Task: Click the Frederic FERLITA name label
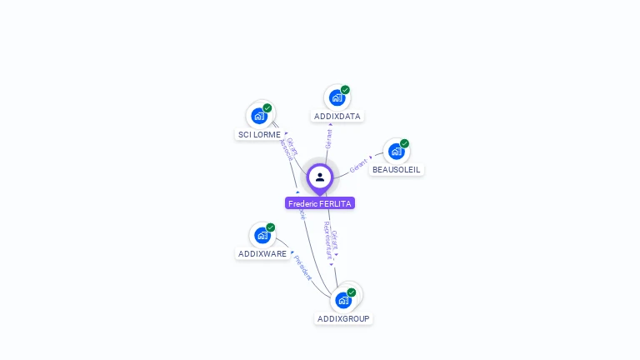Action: pos(320,203)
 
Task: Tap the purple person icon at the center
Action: pos(320,177)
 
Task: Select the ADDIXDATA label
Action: pos(337,117)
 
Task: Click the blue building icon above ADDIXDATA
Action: pos(336,97)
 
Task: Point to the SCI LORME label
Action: pos(259,134)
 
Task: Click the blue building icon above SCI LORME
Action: pos(258,116)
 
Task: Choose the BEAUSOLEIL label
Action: pos(397,170)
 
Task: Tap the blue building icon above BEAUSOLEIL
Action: pos(396,152)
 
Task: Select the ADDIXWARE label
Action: pos(262,254)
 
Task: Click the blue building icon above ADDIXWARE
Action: pos(262,235)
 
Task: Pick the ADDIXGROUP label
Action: pos(343,319)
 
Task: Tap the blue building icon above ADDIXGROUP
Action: pos(342,300)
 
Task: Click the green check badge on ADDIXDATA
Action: pos(345,90)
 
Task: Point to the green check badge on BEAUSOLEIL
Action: pos(404,143)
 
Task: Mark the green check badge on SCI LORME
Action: pos(267,108)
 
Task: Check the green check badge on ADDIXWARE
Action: pos(270,227)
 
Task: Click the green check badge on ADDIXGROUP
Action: pos(352,292)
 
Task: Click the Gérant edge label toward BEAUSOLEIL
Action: pos(358,164)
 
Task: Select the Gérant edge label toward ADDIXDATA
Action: pos(328,138)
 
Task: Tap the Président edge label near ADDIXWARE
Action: pos(302,267)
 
